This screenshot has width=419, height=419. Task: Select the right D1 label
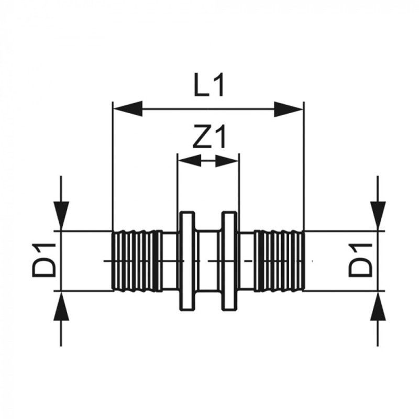tap(361, 260)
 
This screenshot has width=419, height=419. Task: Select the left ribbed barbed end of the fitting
tap(137, 260)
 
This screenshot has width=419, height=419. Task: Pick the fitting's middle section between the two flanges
tap(208, 260)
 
